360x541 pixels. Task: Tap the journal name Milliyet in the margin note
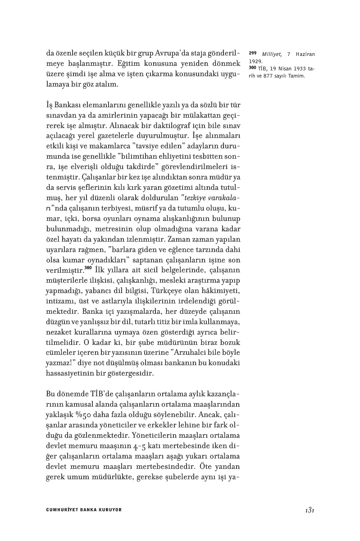click(272, 54)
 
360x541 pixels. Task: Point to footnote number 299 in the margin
click(253, 54)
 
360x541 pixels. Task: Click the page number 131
click(309, 509)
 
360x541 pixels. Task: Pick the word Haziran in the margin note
click(306, 54)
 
